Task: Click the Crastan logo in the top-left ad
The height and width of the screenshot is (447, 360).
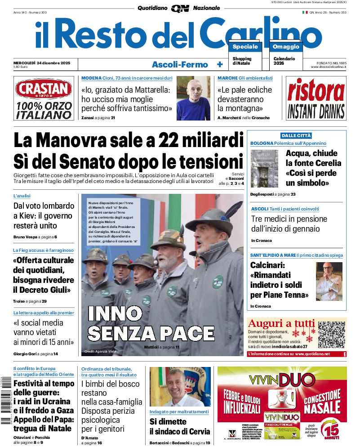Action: tap(43, 89)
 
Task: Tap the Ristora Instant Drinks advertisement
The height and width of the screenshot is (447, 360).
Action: tap(316, 98)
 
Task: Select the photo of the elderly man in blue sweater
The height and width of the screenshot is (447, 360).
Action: tap(193, 98)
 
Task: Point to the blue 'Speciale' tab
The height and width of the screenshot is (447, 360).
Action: tap(245, 47)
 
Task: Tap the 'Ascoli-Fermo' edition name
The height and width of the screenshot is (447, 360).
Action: tap(180, 65)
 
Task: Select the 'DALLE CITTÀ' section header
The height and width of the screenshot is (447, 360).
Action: tap(296, 135)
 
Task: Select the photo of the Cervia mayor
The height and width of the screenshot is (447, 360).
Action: tap(180, 386)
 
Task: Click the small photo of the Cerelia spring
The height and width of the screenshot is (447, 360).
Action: tap(265, 169)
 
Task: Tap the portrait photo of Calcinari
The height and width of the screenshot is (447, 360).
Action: tap(329, 282)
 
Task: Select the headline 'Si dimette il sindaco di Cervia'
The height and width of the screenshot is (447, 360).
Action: tap(180, 427)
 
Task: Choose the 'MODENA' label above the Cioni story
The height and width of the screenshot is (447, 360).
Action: tap(91, 78)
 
